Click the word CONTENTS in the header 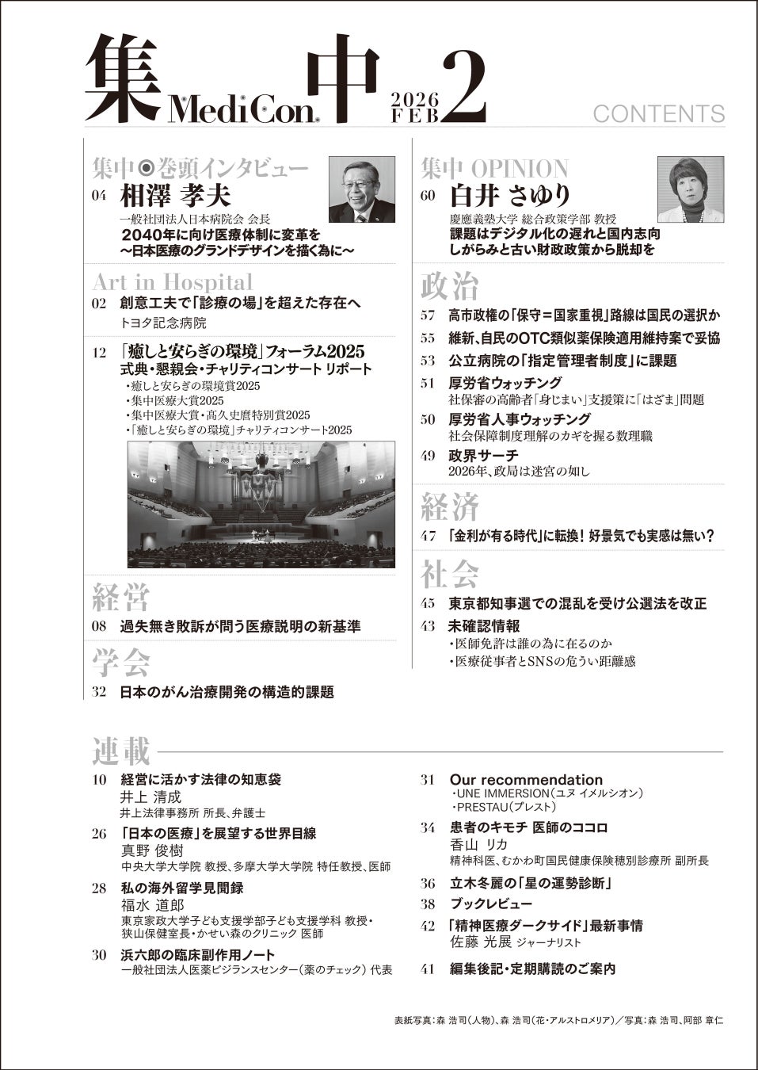coord(658,113)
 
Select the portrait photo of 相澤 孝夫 coord(361,189)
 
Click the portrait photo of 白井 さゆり coord(690,189)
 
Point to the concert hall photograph coord(261,505)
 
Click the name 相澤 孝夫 coord(174,195)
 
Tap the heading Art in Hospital coord(173,281)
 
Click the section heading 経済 coord(449,506)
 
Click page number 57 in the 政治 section coord(429,315)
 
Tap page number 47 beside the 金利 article coord(429,537)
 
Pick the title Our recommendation coord(526,779)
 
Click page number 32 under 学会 coord(100,692)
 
